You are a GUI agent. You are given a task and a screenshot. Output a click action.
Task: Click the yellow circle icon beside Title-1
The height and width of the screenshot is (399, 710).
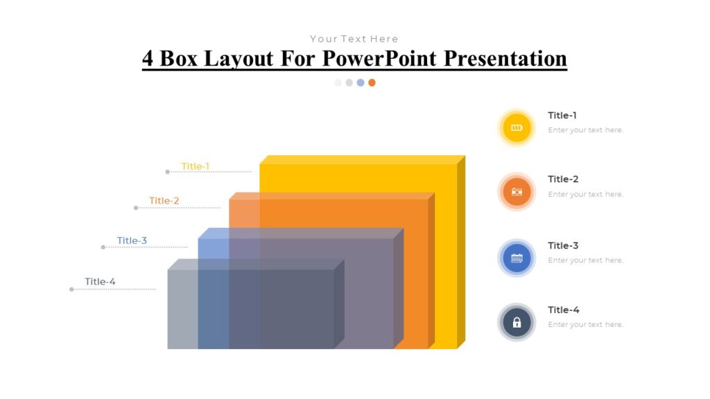click(x=516, y=127)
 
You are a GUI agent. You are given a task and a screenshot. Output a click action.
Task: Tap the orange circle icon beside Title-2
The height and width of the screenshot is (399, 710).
click(x=516, y=192)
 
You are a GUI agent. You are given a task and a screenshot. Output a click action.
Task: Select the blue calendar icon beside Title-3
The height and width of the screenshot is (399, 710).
click(x=516, y=258)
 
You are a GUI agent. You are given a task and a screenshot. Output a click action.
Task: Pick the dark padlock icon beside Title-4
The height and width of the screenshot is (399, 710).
click(x=516, y=322)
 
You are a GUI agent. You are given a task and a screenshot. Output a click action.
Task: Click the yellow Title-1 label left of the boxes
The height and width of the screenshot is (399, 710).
click(x=195, y=166)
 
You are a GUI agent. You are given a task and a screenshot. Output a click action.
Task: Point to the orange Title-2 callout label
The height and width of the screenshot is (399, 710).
click(x=164, y=201)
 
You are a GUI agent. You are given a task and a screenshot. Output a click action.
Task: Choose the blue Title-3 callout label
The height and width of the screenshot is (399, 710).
click(x=132, y=241)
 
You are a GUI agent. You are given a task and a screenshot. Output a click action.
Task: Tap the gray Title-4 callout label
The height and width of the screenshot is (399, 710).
click(x=100, y=282)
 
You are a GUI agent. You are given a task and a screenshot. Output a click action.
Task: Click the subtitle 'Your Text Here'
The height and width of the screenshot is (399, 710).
click(x=354, y=39)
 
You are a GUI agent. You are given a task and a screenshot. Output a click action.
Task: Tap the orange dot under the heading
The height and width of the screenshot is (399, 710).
click(x=372, y=82)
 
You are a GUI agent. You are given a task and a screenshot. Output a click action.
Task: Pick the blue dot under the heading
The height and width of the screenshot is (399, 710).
click(x=361, y=82)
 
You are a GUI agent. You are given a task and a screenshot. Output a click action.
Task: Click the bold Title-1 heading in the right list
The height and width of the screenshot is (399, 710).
click(x=562, y=116)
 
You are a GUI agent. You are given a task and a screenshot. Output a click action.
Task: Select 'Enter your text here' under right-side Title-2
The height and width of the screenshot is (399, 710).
click(x=585, y=195)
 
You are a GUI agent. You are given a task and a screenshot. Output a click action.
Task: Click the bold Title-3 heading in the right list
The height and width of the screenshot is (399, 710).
click(x=562, y=246)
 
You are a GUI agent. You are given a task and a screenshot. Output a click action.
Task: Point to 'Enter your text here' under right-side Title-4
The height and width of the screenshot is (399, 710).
click(x=585, y=325)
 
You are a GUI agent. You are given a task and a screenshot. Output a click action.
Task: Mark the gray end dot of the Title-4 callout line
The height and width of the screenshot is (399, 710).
click(x=71, y=290)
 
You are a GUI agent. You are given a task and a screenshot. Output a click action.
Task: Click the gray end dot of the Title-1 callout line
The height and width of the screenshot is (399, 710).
click(x=167, y=172)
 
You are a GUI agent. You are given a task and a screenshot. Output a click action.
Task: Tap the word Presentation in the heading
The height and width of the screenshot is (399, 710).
click(x=505, y=58)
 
